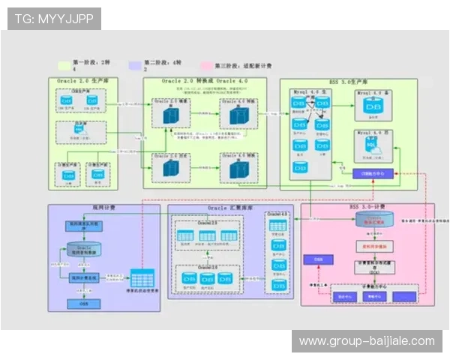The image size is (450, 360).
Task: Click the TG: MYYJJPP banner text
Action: coord(53,19)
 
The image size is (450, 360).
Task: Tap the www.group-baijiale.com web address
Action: coord(367,341)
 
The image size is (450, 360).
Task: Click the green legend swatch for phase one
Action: coord(64,65)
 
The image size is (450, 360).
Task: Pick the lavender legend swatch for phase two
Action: coord(136,65)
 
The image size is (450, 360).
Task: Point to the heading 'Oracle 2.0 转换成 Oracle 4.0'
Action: coord(205,80)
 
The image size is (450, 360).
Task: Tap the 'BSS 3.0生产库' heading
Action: coord(349,80)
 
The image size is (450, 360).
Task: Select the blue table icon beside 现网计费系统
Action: coord(140,277)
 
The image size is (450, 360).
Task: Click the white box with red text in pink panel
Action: coord(368,245)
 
